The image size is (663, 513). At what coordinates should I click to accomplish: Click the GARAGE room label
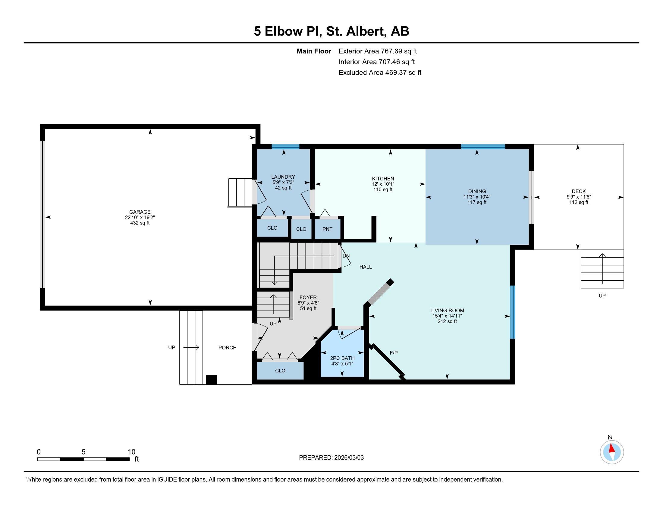(140, 212)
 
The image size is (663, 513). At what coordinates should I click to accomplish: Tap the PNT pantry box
(327, 229)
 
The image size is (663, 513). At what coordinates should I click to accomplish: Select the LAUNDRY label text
(283, 177)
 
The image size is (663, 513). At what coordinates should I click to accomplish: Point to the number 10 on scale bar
(131, 452)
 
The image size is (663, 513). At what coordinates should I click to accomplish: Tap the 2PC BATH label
(342, 358)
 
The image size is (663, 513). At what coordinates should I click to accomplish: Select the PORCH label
(227, 348)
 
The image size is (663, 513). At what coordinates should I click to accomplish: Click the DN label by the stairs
(346, 256)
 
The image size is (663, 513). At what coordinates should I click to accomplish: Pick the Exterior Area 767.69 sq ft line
(378, 51)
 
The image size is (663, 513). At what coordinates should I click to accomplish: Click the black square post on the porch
(211, 380)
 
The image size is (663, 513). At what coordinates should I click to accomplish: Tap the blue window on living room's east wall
(512, 312)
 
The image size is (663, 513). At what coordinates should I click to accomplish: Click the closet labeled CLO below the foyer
(280, 371)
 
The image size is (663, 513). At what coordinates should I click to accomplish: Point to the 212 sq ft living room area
(447, 322)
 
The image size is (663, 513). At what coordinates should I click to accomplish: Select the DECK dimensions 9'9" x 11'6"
(578, 197)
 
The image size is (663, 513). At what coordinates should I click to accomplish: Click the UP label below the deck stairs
(602, 296)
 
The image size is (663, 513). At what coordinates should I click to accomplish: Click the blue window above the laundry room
(285, 147)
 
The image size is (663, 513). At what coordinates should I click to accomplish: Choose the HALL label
(366, 267)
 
